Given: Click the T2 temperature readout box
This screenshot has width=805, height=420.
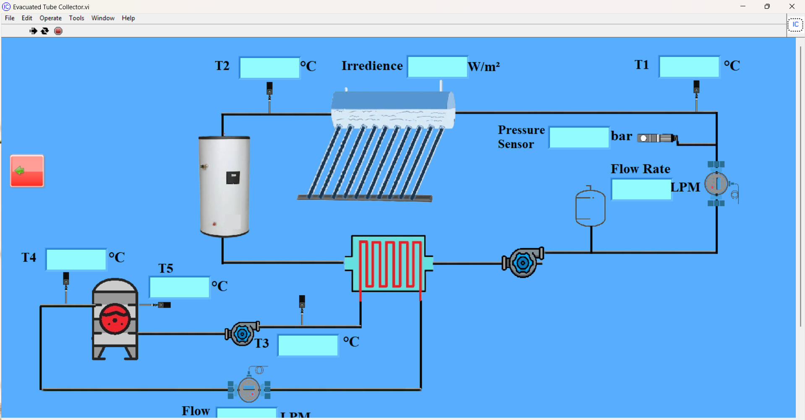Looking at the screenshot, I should pos(269,67).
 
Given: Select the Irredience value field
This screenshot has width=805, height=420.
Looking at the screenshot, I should pos(437,67).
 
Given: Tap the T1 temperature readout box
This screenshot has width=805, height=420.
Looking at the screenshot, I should pos(689,67).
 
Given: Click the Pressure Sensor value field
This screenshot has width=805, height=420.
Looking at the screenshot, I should pos(579,137).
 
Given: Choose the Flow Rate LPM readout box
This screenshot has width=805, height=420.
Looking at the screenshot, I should pos(641,189).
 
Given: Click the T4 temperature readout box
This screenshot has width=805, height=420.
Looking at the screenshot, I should pos(76,259).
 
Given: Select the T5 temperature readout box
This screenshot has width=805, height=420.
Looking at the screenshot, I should pos(179,287).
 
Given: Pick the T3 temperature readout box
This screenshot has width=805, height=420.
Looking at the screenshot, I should pos(308,345).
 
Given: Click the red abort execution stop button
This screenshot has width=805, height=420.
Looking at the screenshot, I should pos(58,31).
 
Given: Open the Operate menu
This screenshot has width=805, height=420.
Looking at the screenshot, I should pos(50,18).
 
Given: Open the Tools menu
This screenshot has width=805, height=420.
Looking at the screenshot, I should pos(76,18).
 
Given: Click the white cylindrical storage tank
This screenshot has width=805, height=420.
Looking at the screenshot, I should pos(225,186).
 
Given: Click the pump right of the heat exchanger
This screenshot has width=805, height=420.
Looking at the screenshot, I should pos(523,262).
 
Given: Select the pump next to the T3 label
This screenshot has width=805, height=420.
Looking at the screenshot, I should pos(242,334).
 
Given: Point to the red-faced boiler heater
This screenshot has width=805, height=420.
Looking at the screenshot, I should pos(115,319).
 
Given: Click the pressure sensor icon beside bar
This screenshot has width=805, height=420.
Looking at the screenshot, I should pos(657,138).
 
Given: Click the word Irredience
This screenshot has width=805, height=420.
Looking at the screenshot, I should pos(372,66).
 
